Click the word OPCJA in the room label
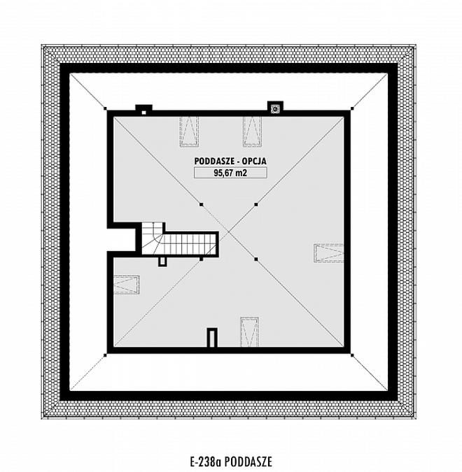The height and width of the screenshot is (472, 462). (x=254, y=161)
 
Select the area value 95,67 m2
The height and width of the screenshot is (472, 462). (x=230, y=173)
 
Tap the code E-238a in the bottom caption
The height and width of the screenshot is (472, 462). (x=206, y=461)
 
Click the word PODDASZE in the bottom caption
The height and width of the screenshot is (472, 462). (x=248, y=461)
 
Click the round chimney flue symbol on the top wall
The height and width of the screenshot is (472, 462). (x=276, y=108)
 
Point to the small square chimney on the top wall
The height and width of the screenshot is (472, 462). (x=143, y=110)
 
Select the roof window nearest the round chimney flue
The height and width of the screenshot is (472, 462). (x=252, y=131)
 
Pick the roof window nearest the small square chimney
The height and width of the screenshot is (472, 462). (x=189, y=131)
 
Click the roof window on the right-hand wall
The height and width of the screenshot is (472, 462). (x=328, y=253)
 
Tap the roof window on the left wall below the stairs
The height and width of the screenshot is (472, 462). (x=127, y=285)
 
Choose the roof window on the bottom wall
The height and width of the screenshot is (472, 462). (x=249, y=331)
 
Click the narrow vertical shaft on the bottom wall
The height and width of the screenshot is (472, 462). (x=213, y=338)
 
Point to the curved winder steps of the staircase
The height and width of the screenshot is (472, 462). (x=153, y=238)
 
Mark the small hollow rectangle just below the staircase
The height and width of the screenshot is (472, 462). (x=162, y=262)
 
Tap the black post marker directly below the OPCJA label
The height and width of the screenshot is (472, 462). (x=256, y=205)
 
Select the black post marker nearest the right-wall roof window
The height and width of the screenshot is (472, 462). (x=256, y=259)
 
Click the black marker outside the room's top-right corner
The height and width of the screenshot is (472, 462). (x=352, y=108)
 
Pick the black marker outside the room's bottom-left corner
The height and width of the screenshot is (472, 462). (x=105, y=355)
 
